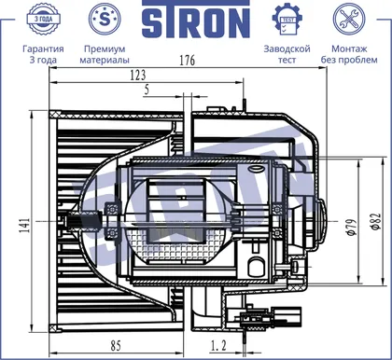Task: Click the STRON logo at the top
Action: [196, 20]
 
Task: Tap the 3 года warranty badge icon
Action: [43, 19]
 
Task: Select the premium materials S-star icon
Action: [105, 20]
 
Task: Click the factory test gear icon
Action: [287, 20]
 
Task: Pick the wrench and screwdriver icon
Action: [349, 19]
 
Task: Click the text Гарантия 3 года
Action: [43, 54]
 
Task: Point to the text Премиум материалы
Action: [105, 54]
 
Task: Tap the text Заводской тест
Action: [287, 54]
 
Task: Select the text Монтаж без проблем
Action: [349, 54]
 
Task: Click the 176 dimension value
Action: [188, 61]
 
